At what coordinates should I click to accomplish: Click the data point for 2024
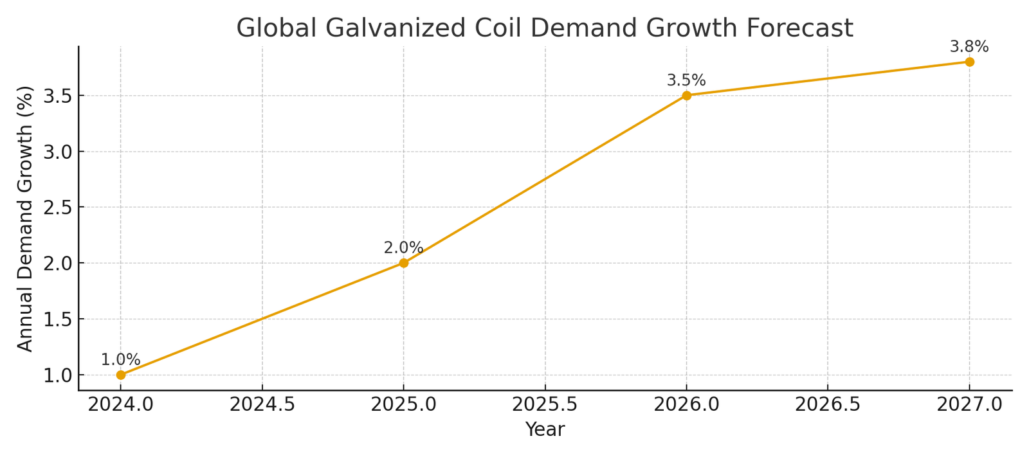tap(121, 375)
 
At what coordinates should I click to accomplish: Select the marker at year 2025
tap(403, 263)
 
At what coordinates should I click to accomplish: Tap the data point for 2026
tap(686, 95)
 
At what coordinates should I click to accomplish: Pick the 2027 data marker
tap(969, 62)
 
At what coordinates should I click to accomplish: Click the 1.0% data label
tap(120, 360)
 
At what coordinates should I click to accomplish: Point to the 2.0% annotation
tap(403, 248)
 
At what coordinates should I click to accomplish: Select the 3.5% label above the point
tap(686, 80)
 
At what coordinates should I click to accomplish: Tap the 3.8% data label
tap(969, 47)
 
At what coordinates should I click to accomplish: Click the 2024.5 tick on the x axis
tap(262, 405)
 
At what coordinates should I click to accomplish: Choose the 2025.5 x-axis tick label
tap(545, 405)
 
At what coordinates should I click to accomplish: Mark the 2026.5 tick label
tap(828, 405)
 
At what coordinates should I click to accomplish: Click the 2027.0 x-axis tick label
tap(969, 405)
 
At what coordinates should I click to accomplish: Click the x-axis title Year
tap(545, 429)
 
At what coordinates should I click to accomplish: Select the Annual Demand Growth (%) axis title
tap(25, 219)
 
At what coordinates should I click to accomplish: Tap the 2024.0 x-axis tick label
tap(121, 405)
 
